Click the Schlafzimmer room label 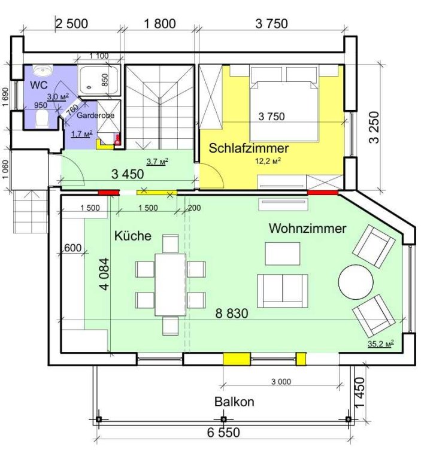(x=249, y=148)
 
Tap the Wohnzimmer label (x=307, y=228)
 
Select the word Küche (x=133, y=236)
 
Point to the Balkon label (x=234, y=402)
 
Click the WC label (x=39, y=85)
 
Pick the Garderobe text (x=95, y=115)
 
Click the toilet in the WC (x=42, y=119)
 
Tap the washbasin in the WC (x=43, y=71)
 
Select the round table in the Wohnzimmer (x=356, y=282)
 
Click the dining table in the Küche (x=170, y=285)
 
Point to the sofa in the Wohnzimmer (x=282, y=291)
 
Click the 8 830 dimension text (x=232, y=314)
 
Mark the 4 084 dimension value (x=104, y=274)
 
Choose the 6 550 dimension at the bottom (x=223, y=433)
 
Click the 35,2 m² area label (x=381, y=343)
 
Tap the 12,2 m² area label (x=268, y=161)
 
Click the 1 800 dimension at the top (x=160, y=24)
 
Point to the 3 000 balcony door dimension (x=281, y=382)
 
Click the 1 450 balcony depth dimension (x=360, y=393)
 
